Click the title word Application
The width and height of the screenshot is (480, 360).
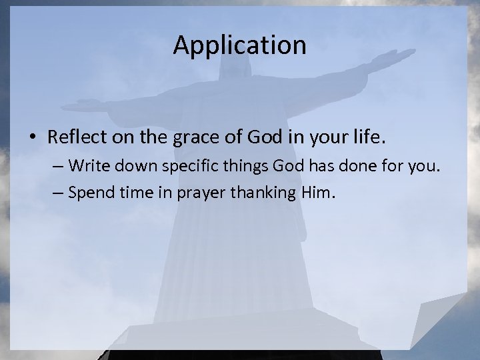[239, 46]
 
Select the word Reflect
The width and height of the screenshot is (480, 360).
[73, 137]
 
